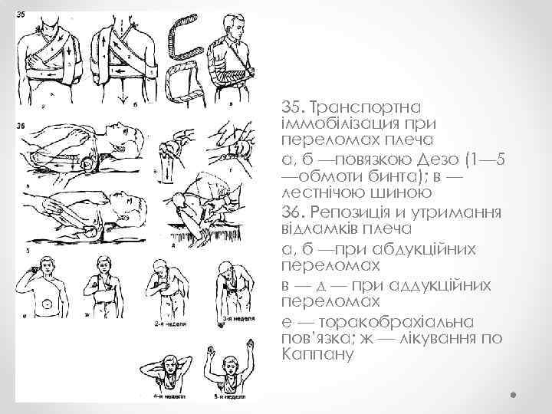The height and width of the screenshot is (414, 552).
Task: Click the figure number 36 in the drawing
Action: pos(20,127)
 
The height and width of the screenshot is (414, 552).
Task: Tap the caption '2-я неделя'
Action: pos(166,324)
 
